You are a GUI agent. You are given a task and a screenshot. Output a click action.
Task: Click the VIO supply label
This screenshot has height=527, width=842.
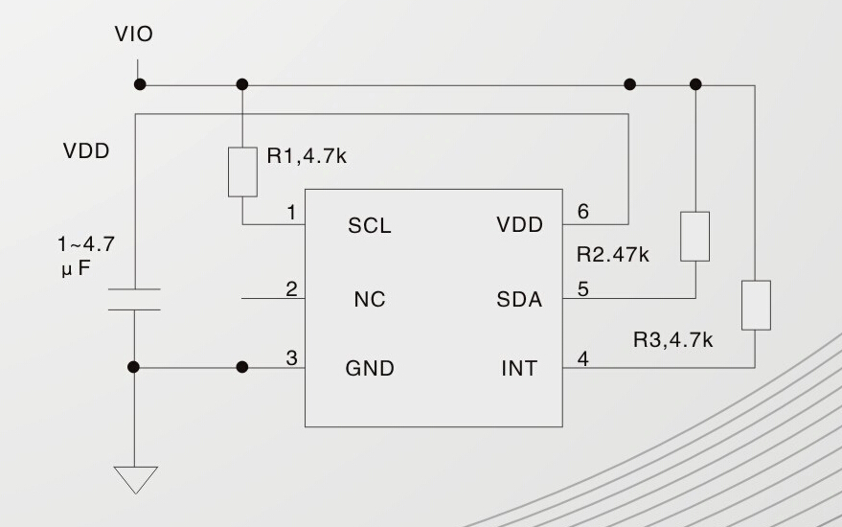133,35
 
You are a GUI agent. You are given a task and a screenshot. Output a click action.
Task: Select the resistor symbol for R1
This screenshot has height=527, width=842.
242,172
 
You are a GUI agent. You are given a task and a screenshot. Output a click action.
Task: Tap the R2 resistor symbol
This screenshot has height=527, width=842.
695,236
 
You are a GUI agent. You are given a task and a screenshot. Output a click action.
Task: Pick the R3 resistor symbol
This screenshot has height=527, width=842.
756,305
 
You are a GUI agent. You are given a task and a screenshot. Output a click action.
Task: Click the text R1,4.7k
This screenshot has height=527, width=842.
307,157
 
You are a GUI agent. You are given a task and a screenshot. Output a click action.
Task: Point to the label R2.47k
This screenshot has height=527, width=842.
613,255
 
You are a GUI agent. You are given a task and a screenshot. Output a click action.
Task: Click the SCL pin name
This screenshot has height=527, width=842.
369,227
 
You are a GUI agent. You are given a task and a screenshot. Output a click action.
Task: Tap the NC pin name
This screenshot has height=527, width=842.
369,300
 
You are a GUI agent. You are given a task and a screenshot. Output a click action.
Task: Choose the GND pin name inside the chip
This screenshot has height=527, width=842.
370,369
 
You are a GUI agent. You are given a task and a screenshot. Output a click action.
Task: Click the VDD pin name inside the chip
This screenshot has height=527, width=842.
519,226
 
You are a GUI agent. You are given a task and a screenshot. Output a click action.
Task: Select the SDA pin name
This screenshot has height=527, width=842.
519,300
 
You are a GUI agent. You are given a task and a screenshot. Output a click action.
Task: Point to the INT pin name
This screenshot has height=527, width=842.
519,369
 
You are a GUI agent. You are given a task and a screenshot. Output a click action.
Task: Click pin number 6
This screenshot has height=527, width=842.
582,212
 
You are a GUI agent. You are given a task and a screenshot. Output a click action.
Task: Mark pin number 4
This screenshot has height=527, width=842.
582,359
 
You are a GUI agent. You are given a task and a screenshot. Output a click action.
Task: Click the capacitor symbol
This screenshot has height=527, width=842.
134,298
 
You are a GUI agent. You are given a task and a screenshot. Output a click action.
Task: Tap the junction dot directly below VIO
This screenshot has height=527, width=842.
140,84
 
